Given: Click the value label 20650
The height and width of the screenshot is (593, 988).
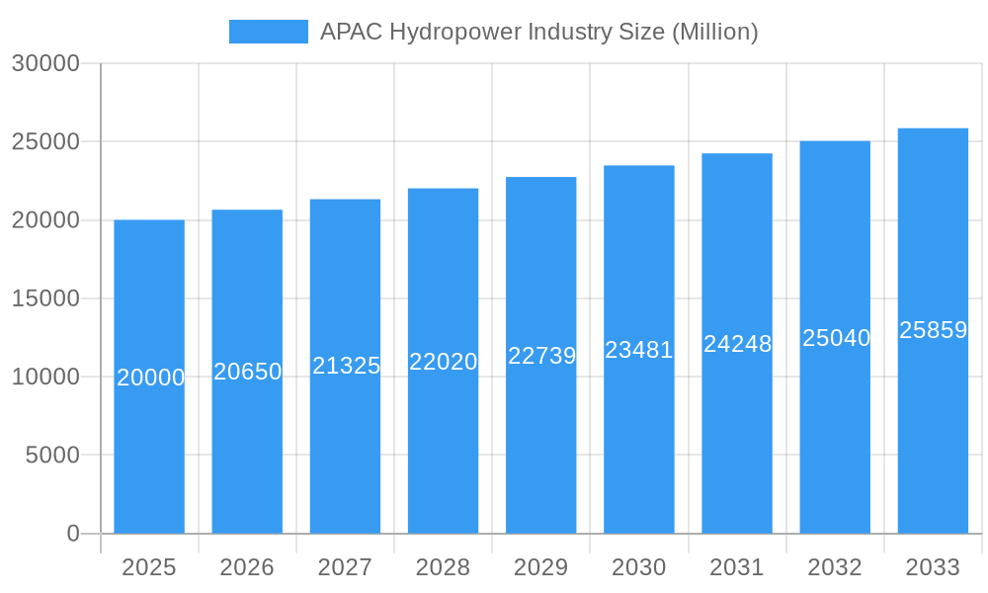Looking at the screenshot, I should pyautogui.click(x=248, y=372).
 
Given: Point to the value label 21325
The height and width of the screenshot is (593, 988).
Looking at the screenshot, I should pyautogui.click(x=346, y=366).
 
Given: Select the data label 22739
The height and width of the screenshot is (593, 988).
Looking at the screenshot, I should pyautogui.click(x=541, y=356).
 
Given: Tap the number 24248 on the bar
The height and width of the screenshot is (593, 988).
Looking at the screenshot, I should pyautogui.click(x=737, y=344).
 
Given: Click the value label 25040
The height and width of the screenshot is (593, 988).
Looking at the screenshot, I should pyautogui.click(x=836, y=338).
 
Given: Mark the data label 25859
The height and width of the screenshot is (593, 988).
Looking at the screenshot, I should pyautogui.click(x=933, y=330).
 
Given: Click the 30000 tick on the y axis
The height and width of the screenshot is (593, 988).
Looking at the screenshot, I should pyautogui.click(x=45, y=63).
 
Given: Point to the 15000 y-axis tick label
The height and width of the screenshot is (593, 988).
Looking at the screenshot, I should pyautogui.click(x=45, y=298).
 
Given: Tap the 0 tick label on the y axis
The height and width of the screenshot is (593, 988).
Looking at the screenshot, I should pyautogui.click(x=73, y=534).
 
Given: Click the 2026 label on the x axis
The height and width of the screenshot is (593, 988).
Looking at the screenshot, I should pyautogui.click(x=247, y=567).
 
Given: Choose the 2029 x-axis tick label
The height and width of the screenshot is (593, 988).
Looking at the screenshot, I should pyautogui.click(x=541, y=567).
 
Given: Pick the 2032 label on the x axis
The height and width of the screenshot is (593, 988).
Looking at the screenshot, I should pyautogui.click(x=835, y=567).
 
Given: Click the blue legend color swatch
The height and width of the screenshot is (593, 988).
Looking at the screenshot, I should pyautogui.click(x=269, y=32).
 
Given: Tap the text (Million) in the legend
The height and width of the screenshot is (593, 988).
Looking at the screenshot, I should pyautogui.click(x=714, y=32).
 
